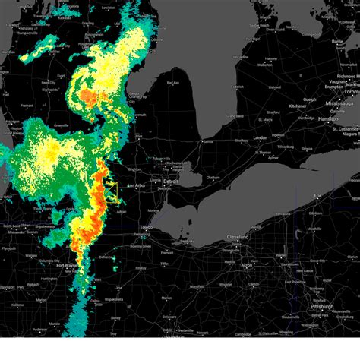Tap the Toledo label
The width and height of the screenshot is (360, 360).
(x=145, y=228)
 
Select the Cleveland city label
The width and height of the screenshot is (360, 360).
(x=238, y=237)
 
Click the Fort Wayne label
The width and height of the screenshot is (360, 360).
(x=66, y=265)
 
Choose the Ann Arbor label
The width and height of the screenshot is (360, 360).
(x=136, y=186)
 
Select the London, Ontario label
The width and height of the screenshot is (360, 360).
(x=259, y=138)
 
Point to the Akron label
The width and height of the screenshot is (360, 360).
(x=246, y=265)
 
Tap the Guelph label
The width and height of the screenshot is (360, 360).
(x=309, y=99)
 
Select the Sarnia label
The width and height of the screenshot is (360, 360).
(x=207, y=141)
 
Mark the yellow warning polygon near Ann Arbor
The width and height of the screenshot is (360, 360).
(x=112, y=190)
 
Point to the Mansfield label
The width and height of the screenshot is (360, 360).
(x=197, y=286)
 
